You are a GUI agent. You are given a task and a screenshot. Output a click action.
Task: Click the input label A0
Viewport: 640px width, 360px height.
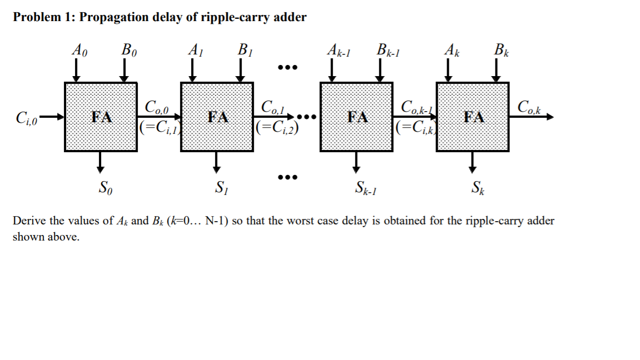click(x=79, y=51)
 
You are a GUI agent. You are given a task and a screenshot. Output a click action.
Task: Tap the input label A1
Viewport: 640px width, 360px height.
click(x=195, y=51)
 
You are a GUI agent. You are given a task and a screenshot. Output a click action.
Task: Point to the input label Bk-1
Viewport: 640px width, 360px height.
click(x=388, y=51)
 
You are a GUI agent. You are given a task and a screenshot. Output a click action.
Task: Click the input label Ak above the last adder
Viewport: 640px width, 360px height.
click(x=452, y=51)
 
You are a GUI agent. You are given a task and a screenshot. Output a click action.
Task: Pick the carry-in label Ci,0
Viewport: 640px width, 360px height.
click(x=27, y=118)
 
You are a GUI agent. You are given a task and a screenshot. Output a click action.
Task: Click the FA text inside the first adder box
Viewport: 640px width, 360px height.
click(x=102, y=117)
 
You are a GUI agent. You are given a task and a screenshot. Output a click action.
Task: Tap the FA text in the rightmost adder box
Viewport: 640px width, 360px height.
click(x=473, y=117)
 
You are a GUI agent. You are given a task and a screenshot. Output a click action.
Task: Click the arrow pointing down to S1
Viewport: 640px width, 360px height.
click(x=217, y=161)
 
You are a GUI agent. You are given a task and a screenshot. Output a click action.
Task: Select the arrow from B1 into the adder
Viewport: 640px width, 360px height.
click(x=241, y=71)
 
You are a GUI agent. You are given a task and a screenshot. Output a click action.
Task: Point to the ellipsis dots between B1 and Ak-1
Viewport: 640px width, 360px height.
click(x=288, y=68)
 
